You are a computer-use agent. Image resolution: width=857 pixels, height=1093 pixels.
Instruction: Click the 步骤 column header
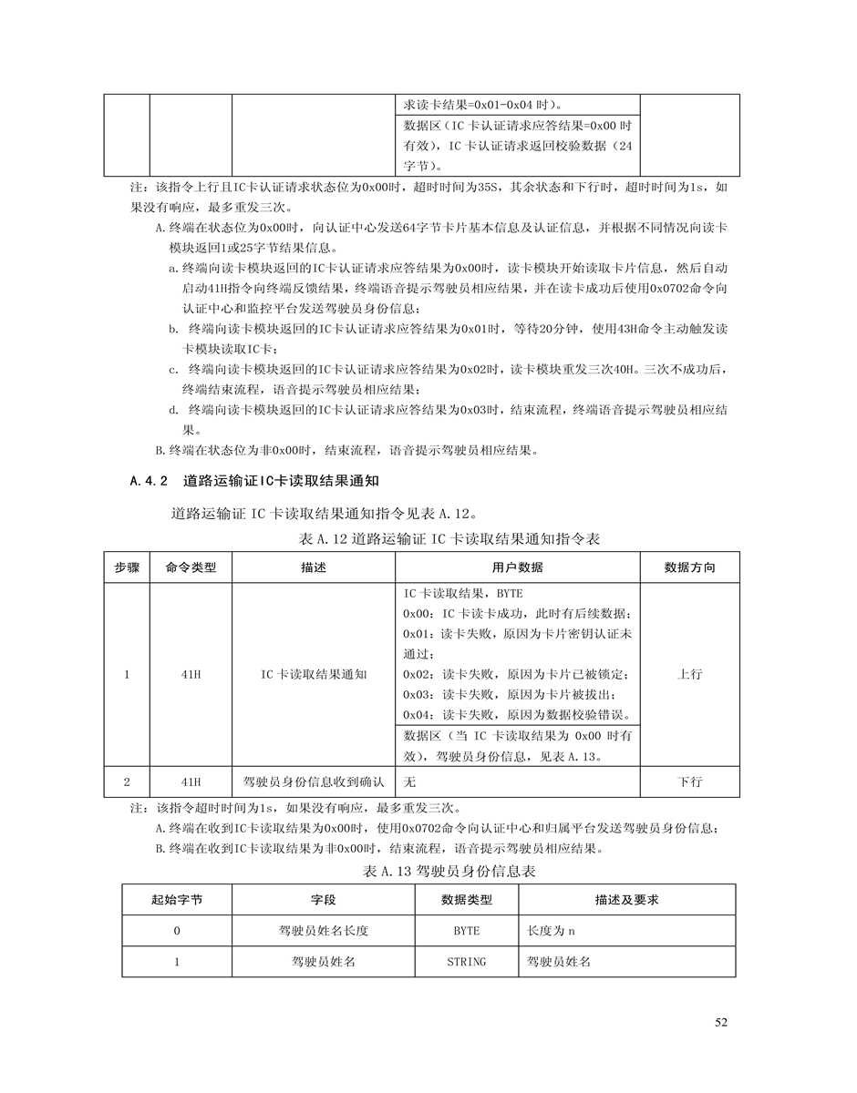click(127, 567)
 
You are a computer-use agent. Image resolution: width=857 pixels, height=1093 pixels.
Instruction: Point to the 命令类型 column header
click(191, 567)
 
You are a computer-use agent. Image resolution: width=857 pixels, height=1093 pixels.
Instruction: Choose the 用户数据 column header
click(517, 567)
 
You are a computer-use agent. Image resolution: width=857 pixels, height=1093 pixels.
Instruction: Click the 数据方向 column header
click(689, 567)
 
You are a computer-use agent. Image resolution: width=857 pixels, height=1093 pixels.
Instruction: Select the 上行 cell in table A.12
click(689, 675)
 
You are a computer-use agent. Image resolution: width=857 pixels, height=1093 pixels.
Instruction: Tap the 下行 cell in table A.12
click(689, 782)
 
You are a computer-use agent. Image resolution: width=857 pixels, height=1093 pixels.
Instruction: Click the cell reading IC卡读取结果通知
click(314, 675)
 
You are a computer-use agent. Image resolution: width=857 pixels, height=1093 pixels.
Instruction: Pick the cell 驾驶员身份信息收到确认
click(314, 782)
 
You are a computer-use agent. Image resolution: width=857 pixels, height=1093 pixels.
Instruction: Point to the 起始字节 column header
click(177, 900)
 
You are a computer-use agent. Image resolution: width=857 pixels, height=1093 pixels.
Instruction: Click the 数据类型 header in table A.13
click(466, 900)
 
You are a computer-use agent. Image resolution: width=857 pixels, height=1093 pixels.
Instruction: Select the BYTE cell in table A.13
click(466, 931)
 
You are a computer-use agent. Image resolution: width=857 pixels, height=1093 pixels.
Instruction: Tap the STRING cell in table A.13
click(466, 962)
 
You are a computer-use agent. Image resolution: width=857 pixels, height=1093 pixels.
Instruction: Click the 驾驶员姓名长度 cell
click(323, 931)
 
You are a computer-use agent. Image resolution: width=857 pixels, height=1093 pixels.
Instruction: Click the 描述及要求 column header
click(626, 900)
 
